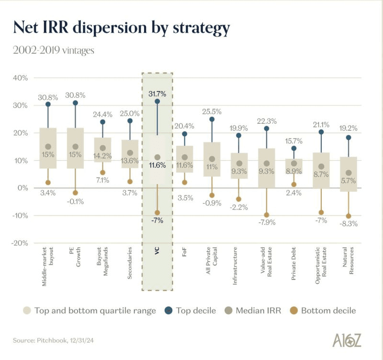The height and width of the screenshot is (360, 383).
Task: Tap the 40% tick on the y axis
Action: click(x=20, y=78)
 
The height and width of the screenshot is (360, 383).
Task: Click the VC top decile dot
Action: click(x=157, y=102)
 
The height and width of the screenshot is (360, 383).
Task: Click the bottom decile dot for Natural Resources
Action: click(x=349, y=216)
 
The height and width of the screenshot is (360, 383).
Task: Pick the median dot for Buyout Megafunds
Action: click(x=102, y=148)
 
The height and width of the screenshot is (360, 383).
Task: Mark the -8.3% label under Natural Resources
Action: click(x=349, y=224)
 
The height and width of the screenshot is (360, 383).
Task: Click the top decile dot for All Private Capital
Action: click(x=212, y=119)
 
